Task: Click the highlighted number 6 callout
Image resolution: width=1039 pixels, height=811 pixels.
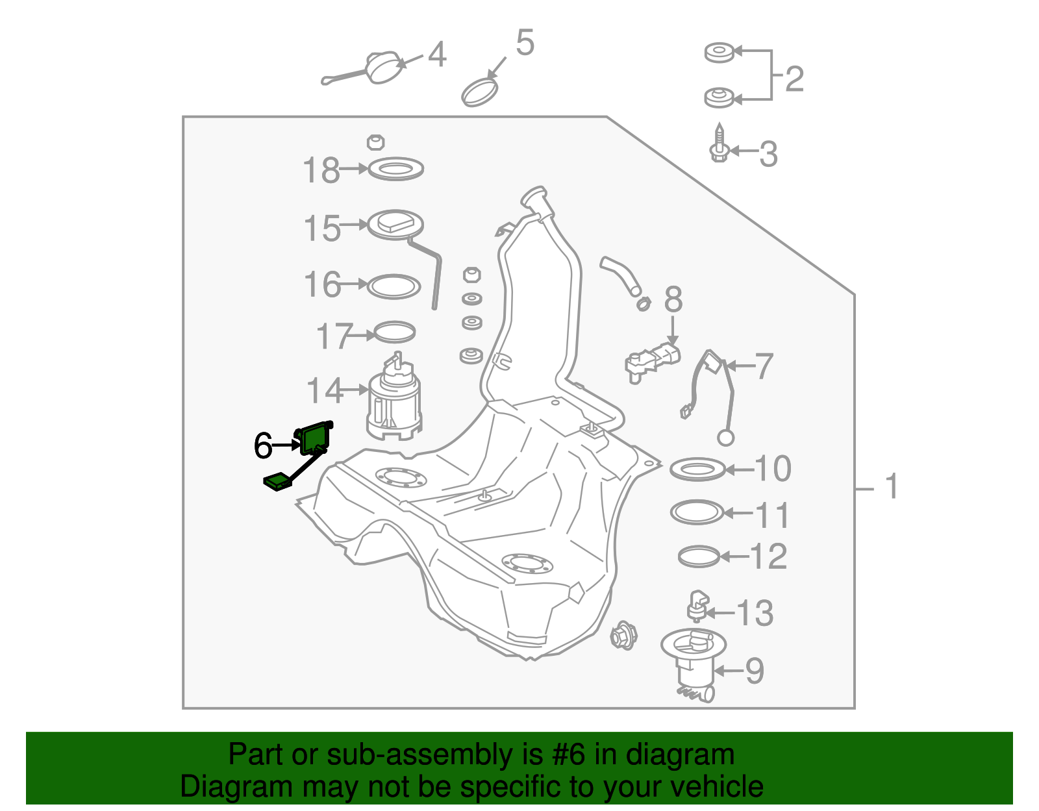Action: click(263, 445)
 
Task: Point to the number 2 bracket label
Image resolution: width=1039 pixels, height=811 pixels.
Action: click(794, 79)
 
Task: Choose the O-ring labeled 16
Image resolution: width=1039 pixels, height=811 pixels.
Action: click(394, 286)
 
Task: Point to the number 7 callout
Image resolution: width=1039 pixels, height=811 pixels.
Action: click(764, 366)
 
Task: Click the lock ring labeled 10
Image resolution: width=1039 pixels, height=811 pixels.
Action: click(697, 469)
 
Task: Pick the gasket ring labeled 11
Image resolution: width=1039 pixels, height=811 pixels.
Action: click(697, 512)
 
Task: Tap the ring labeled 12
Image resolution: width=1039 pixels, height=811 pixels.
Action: click(699, 556)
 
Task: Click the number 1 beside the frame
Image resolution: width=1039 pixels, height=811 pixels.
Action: click(892, 486)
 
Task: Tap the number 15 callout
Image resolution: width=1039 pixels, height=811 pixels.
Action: click(322, 229)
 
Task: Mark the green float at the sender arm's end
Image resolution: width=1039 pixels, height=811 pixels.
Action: click(277, 482)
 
